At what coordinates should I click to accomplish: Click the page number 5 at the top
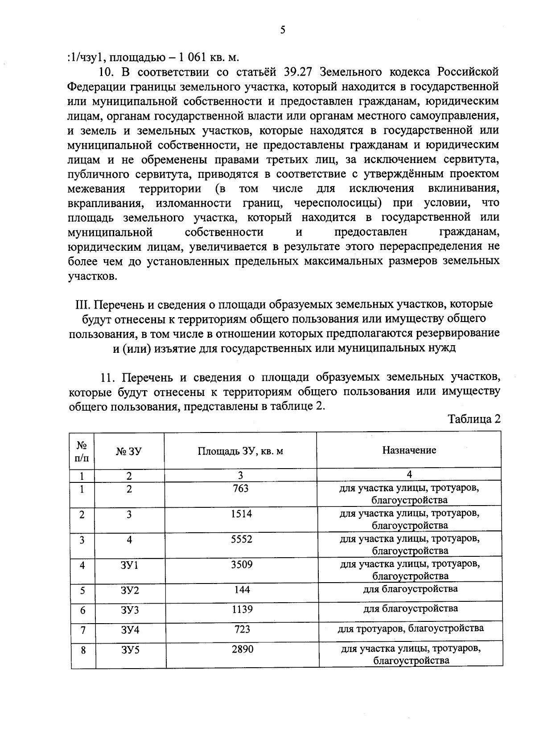282,29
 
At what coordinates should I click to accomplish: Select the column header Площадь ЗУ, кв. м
240,451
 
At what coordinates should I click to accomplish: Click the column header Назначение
409,450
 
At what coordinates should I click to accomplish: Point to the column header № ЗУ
129,451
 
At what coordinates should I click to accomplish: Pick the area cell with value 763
241,488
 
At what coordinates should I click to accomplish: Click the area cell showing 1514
241,514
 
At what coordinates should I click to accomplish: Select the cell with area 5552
241,539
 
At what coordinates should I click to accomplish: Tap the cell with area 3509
242,564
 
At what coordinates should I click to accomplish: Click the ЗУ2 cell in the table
130,591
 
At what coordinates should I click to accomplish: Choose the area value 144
242,590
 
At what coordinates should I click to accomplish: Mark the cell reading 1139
242,609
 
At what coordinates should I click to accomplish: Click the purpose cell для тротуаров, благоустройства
411,629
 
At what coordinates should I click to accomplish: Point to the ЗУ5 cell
130,650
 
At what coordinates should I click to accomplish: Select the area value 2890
243,649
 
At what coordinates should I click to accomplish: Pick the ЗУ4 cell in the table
130,630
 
